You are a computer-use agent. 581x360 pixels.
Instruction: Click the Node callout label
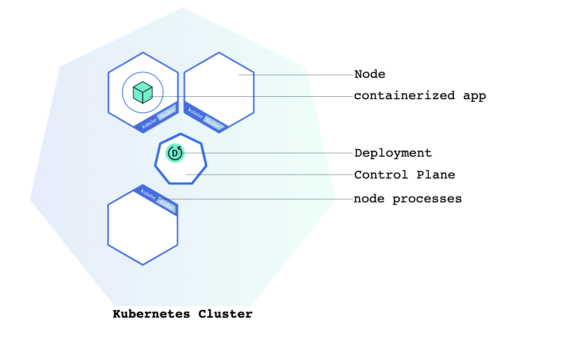point(369,74)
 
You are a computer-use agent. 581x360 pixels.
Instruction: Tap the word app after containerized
point(474,96)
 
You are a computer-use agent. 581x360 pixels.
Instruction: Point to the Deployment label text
point(393,153)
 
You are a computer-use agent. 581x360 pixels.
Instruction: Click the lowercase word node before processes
point(369,199)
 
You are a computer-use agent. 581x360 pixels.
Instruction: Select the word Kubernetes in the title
point(151,314)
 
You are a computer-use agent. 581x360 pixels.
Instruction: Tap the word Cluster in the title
point(225,314)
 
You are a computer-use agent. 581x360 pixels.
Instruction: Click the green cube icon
point(143,92)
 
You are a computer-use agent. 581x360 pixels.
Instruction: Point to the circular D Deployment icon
point(175,153)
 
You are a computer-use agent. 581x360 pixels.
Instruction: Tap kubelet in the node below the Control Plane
point(148,195)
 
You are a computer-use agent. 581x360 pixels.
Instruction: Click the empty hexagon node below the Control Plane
point(142,231)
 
